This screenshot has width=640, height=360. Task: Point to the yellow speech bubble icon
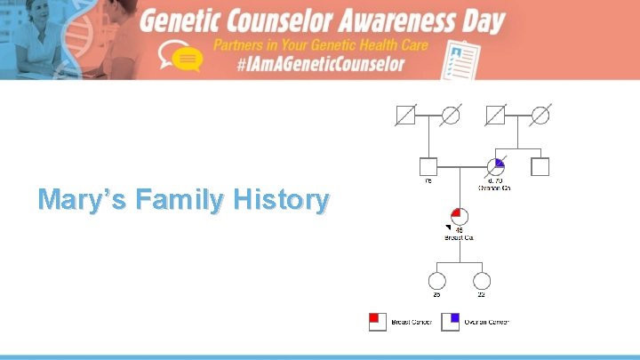(187, 59)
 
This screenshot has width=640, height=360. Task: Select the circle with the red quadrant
(460, 217)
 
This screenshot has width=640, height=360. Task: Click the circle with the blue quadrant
(495, 166)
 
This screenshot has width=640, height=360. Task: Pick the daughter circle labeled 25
(436, 281)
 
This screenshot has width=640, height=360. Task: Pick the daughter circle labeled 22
(482, 281)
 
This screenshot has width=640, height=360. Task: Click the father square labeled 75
(428, 166)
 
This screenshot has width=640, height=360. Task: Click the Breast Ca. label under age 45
(460, 238)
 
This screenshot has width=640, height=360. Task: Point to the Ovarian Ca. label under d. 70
(494, 188)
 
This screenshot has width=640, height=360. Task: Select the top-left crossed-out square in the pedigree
(406, 115)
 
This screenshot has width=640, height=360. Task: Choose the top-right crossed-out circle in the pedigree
(540, 115)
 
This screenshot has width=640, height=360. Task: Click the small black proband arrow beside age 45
(449, 229)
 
